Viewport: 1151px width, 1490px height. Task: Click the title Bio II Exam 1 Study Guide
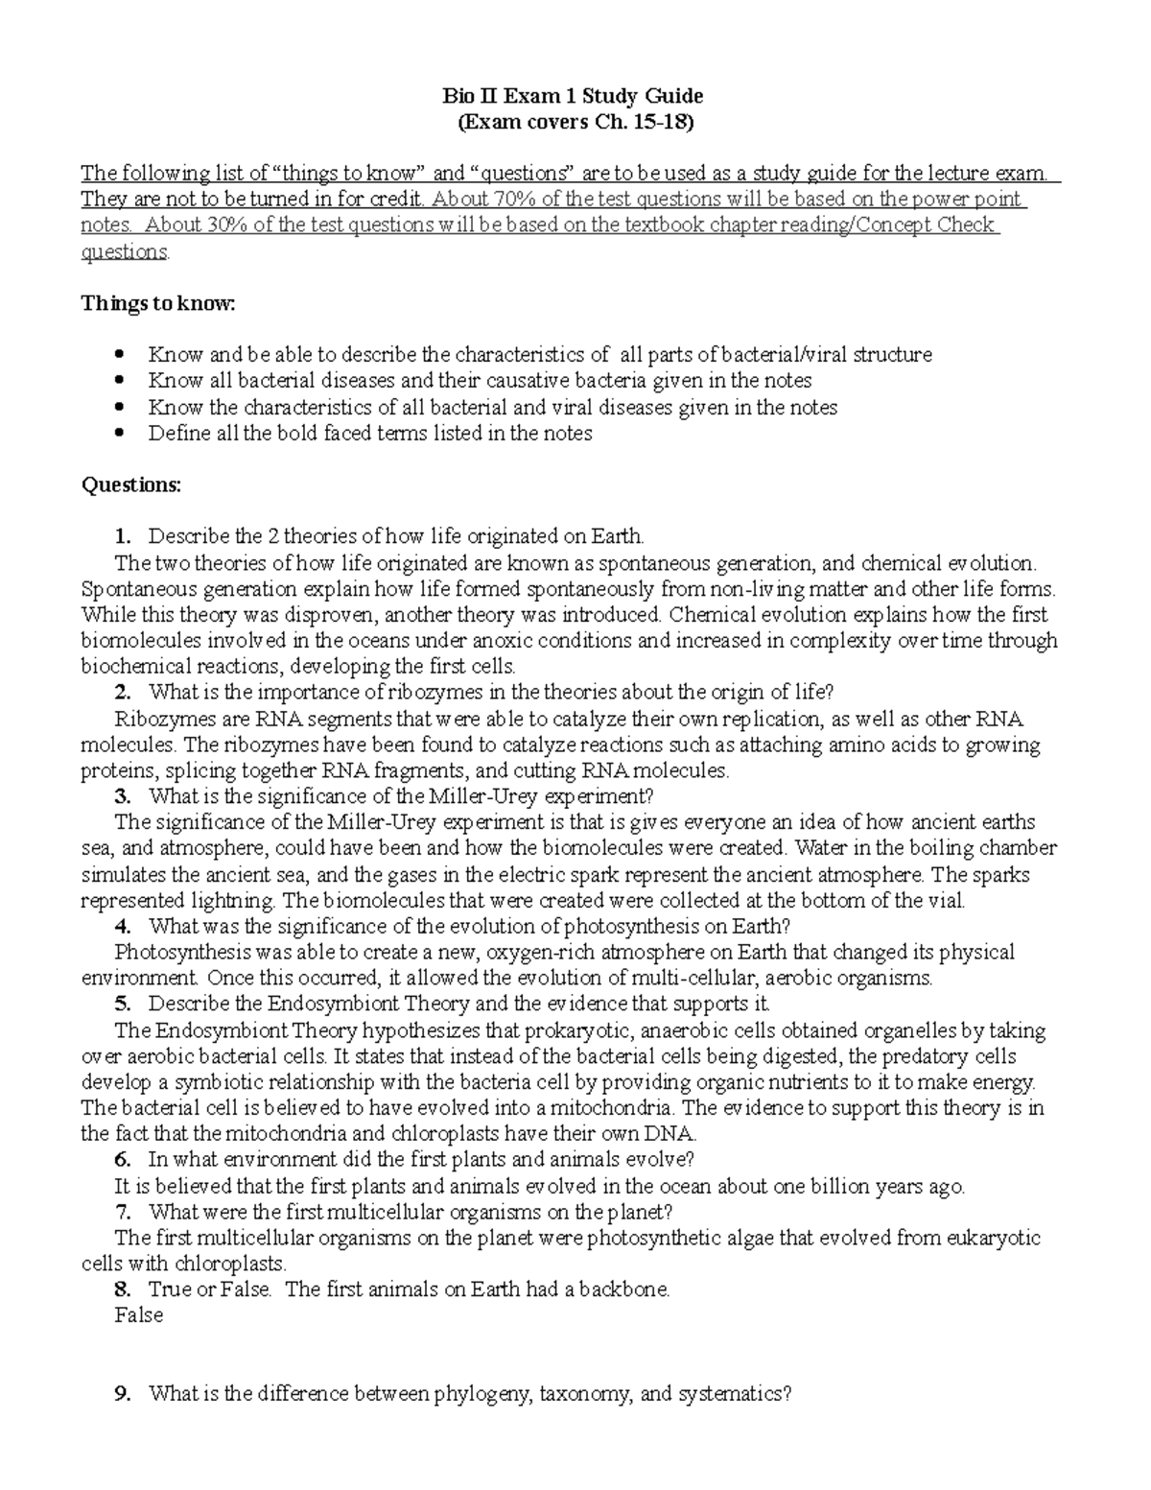click(x=573, y=96)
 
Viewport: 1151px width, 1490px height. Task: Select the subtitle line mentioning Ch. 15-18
click(x=573, y=122)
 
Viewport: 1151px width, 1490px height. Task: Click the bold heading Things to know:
click(x=157, y=303)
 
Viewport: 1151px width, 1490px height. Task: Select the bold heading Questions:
click(x=130, y=485)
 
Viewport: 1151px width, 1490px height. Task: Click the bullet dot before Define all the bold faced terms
click(x=119, y=433)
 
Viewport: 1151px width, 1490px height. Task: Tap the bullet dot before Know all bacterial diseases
click(x=119, y=381)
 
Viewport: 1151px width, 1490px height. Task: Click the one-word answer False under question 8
click(x=138, y=1315)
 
